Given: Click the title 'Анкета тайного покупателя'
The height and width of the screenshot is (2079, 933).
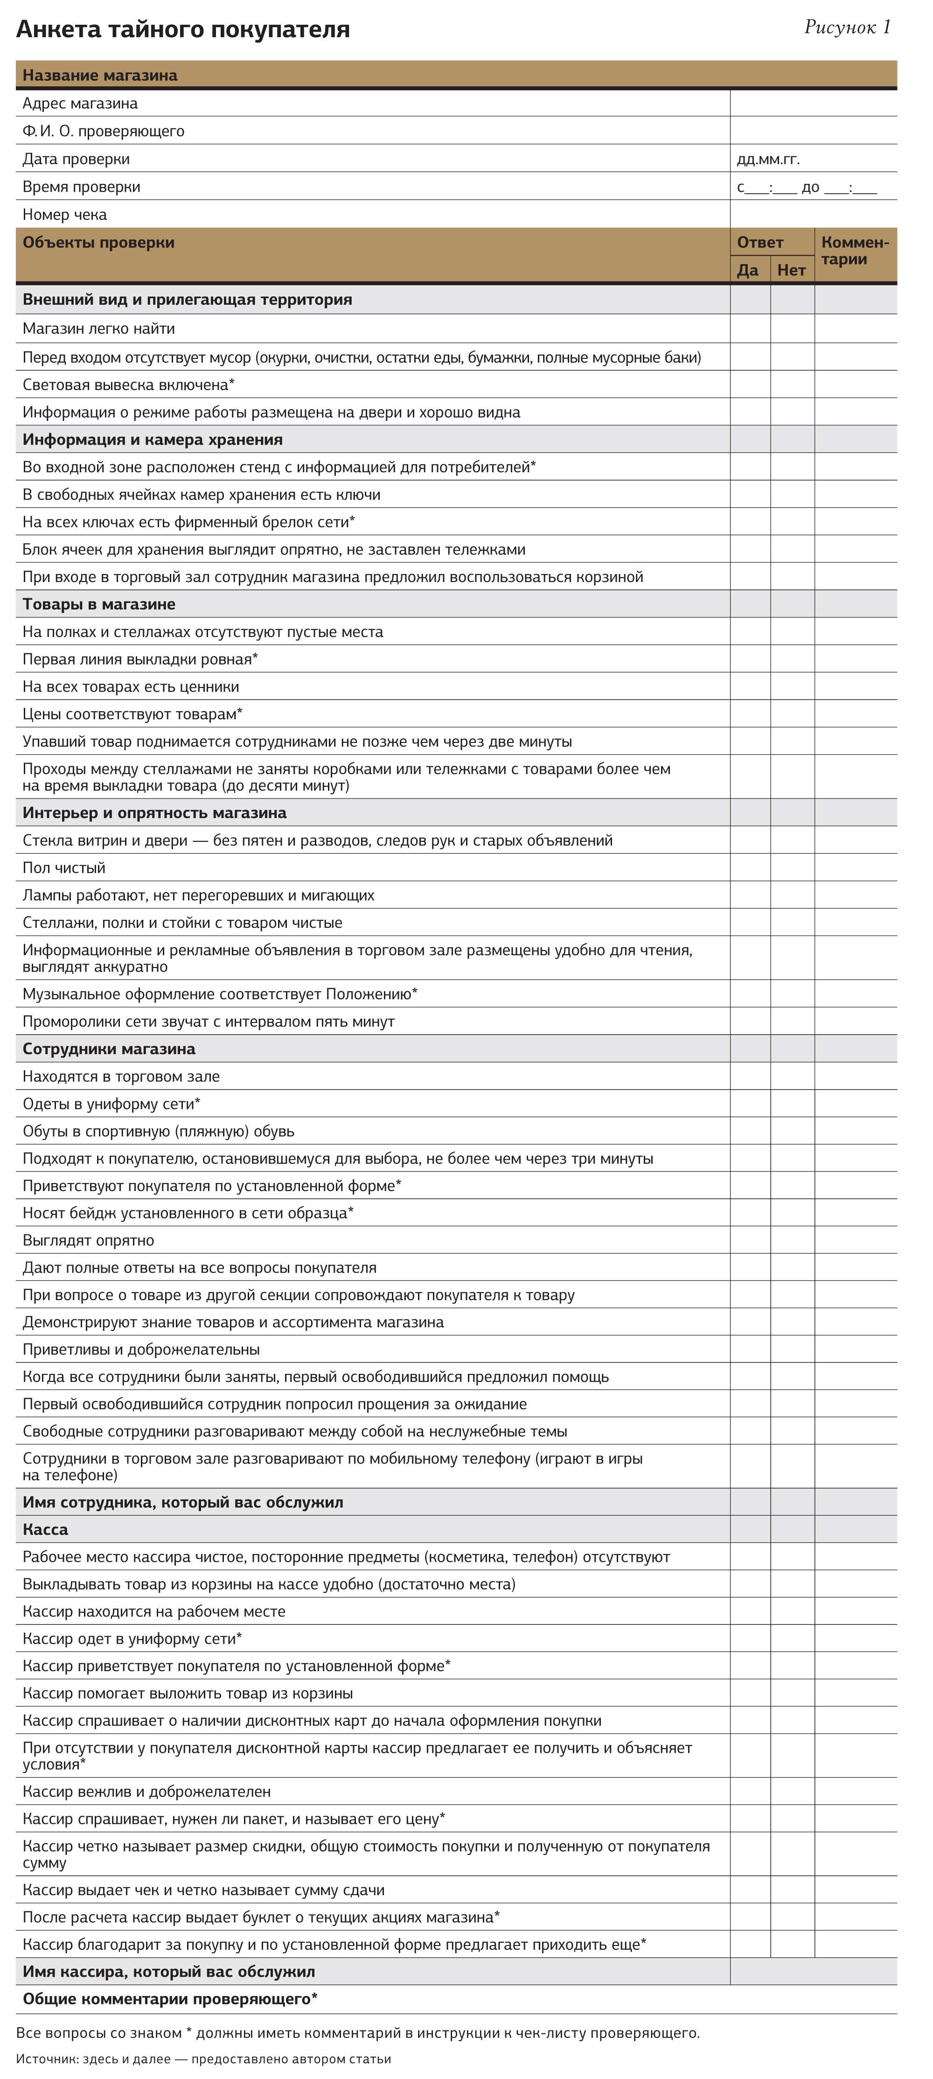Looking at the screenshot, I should click(182, 30).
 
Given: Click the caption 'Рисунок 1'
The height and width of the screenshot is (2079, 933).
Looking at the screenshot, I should click(848, 28).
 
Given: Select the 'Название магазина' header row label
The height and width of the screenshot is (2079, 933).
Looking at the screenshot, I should click(100, 75).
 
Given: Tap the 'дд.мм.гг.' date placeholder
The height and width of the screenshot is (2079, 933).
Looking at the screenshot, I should click(768, 159).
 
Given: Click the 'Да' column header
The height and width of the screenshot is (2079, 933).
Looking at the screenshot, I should click(748, 270).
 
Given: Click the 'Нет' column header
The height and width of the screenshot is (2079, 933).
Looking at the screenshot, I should click(792, 270).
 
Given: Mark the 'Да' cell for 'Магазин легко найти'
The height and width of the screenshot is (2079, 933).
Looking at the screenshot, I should click(750, 329).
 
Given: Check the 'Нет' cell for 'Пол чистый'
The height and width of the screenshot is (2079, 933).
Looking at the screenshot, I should click(792, 868).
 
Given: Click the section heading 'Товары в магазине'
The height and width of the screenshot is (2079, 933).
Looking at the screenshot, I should click(98, 604).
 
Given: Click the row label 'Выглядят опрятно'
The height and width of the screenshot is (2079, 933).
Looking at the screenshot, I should click(88, 1240).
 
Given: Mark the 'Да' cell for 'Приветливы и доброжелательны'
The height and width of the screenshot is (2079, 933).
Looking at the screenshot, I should click(750, 1350).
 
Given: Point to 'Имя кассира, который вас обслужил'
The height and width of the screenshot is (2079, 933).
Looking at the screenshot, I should click(169, 1972).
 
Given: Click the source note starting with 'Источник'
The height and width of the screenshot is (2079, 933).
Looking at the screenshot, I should click(203, 2059).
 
